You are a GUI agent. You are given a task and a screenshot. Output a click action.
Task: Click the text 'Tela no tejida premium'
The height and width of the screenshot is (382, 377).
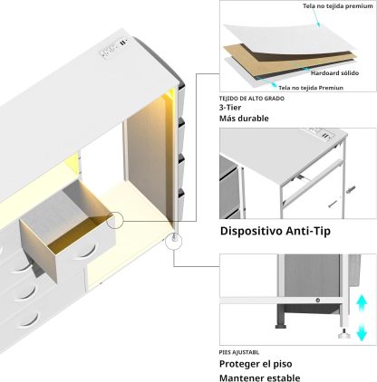(x=338, y=5)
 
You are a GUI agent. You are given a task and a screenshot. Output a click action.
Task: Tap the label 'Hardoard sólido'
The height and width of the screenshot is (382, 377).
(x=334, y=73)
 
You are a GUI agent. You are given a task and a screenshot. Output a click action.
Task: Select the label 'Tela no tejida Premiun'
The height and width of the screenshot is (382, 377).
(x=311, y=88)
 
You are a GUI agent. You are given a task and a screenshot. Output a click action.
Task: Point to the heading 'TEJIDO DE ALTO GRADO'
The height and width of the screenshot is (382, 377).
(x=252, y=99)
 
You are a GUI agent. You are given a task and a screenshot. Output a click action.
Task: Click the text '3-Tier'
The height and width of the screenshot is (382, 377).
(x=230, y=108)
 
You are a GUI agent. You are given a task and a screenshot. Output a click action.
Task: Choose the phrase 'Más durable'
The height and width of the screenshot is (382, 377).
(x=244, y=119)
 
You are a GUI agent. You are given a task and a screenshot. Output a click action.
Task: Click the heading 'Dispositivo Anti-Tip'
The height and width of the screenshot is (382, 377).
(x=275, y=231)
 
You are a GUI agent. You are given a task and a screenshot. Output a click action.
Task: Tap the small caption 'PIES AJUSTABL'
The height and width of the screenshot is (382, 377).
(x=239, y=352)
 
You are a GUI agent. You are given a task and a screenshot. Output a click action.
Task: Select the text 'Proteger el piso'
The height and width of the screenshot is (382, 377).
(x=256, y=364)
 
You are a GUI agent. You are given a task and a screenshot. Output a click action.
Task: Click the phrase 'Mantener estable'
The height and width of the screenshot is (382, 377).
(x=260, y=377)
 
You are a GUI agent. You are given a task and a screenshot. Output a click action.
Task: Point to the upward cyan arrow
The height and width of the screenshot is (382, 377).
(x=362, y=303)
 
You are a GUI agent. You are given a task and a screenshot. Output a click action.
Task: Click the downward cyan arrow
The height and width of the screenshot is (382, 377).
(x=362, y=331)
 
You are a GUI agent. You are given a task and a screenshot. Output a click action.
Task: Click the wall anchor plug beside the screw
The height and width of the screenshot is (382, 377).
(x=351, y=190)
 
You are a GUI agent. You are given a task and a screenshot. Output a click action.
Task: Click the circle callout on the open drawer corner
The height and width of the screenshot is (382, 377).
(x=115, y=220)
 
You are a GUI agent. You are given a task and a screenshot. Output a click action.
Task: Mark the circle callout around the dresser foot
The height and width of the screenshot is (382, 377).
(x=174, y=242)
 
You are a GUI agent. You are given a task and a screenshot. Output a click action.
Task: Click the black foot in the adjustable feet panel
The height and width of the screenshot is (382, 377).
(x=281, y=326)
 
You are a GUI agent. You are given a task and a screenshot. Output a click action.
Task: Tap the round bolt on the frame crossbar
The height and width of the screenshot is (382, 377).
(x=317, y=301)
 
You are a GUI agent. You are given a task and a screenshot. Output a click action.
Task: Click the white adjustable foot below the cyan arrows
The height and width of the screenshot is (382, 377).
(x=343, y=334)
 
